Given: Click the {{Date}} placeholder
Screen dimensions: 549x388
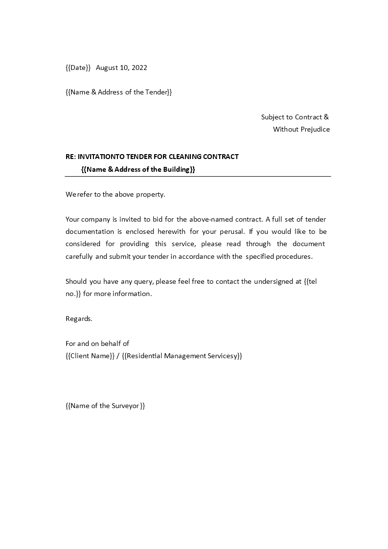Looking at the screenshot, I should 78,68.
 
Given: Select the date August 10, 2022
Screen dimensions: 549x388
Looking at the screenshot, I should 121,68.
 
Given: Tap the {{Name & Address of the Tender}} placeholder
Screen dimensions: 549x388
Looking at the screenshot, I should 118,92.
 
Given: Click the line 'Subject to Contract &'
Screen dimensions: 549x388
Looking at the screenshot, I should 295,117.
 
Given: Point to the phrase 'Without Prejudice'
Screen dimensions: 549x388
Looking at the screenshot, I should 301,129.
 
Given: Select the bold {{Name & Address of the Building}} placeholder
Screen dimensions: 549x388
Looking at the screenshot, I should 138,169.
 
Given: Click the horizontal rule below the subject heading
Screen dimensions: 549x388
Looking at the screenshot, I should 198,176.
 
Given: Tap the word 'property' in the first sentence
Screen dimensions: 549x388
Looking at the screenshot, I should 151,194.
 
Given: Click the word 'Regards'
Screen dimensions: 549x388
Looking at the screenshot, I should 79,319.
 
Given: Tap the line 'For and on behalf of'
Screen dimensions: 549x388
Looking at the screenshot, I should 97,343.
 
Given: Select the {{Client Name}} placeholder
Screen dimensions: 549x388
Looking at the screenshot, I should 90,356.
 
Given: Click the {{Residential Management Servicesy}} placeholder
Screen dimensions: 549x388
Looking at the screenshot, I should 182,356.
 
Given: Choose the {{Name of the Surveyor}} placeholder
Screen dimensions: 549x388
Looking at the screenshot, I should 105,406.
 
